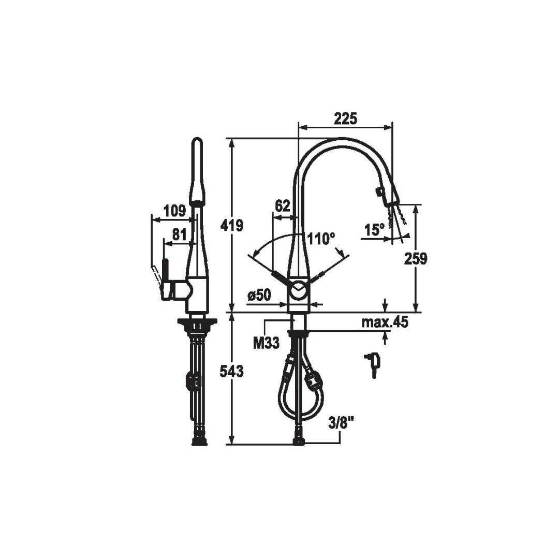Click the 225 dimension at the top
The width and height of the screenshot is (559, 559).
[345, 119]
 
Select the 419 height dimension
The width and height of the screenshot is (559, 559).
[232, 225]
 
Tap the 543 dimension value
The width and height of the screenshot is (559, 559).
[232, 371]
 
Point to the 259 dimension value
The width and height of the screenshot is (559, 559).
[415, 259]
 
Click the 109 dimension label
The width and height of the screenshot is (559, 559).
[175, 211]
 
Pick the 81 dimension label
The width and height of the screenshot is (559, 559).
[179, 235]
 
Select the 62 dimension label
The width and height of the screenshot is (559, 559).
[283, 207]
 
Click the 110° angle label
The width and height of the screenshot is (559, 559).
[321, 239]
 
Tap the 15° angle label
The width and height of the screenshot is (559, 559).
[374, 230]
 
